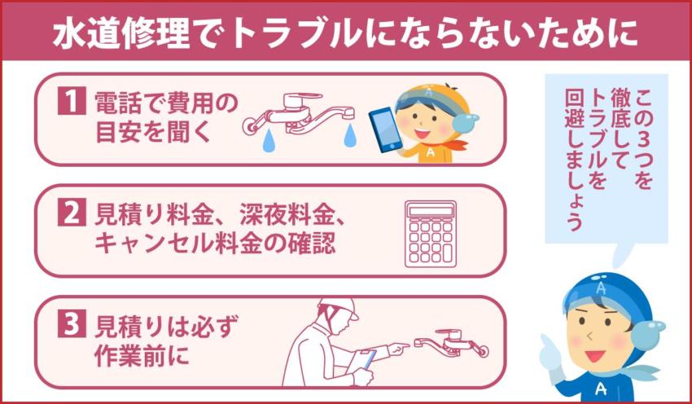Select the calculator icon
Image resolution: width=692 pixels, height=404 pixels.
(431, 233)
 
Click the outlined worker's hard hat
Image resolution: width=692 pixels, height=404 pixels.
(338, 308)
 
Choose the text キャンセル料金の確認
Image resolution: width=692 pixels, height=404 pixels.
(215, 243)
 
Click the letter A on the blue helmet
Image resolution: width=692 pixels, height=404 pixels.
(600, 287)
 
